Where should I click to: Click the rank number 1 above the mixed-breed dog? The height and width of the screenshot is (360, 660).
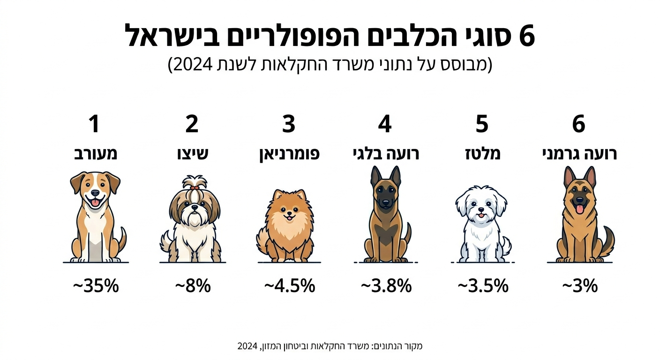click(x=94, y=124)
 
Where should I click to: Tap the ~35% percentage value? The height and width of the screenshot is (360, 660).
click(x=96, y=285)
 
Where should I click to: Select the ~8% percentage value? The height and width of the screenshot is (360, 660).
click(x=193, y=285)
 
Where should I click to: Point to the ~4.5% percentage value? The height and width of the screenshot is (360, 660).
click(x=289, y=285)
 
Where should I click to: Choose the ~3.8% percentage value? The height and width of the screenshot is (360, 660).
click(x=386, y=285)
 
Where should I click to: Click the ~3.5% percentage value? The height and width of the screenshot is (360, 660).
click(x=483, y=285)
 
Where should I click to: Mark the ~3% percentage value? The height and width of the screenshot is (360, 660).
click(x=580, y=285)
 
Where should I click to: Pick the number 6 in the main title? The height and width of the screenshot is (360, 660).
click(x=527, y=37)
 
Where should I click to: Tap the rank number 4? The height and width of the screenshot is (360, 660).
click(x=385, y=124)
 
